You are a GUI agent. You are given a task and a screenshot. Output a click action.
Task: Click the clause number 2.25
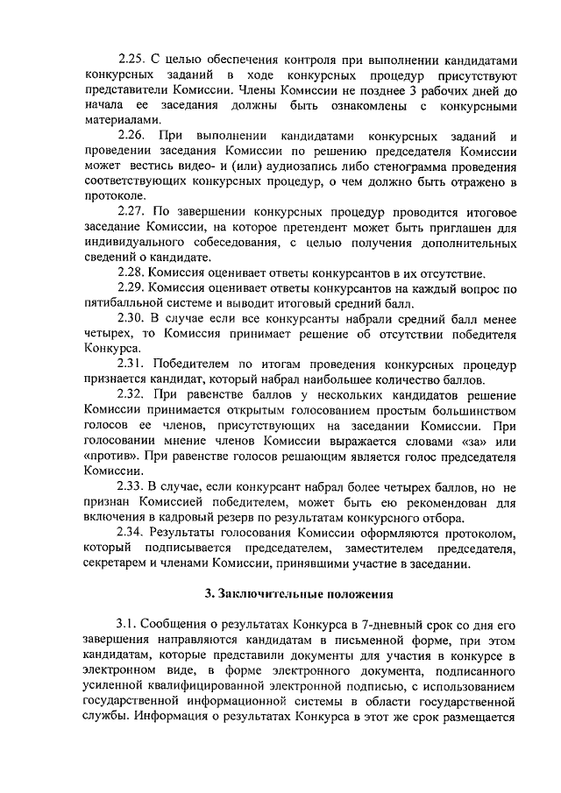[x=132, y=60]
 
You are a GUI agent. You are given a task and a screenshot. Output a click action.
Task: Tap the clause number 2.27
[x=132, y=213]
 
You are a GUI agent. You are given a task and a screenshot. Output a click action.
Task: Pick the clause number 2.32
[x=132, y=394]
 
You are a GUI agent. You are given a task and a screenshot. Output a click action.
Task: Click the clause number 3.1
[x=127, y=624]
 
